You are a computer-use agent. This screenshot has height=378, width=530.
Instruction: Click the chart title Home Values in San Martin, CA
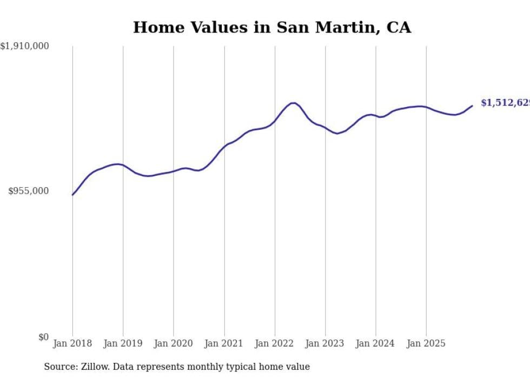272,28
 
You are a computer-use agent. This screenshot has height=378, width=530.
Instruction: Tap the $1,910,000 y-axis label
25,47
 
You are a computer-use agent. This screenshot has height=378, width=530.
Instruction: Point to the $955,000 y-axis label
29,191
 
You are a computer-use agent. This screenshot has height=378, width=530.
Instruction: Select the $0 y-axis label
43,337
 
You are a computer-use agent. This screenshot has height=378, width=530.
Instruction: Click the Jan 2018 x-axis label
72,343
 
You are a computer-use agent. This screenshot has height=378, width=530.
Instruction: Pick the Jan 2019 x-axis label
123,343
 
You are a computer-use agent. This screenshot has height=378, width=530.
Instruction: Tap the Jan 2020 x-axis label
174,343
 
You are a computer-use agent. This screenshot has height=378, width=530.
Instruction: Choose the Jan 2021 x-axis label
224,343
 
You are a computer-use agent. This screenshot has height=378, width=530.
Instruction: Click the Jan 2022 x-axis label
275,343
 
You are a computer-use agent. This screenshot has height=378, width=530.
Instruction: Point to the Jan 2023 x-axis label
325,343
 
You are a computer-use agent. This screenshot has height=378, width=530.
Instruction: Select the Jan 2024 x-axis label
375,343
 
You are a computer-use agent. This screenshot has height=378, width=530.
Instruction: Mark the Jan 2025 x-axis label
426,343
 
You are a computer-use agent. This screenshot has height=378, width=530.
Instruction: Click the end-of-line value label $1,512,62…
505,103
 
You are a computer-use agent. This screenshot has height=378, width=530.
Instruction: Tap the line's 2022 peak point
293,103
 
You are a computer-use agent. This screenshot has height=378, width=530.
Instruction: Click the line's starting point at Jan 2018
72,195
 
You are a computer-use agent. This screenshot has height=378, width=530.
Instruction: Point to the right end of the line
472,105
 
